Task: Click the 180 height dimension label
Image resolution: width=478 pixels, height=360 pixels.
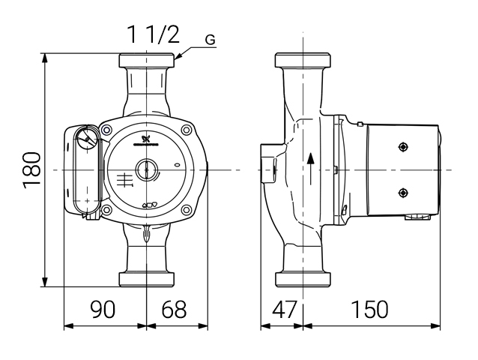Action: point(31,169)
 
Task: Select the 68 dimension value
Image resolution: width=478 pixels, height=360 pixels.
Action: point(174,309)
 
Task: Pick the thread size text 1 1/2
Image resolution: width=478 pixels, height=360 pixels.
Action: point(152,35)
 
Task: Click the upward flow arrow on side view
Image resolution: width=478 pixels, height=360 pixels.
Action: point(310,169)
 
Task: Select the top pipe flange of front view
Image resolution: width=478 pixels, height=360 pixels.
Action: point(147,61)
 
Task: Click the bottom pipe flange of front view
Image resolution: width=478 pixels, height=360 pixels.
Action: point(147,279)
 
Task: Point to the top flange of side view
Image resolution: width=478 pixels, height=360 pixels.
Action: point(303,61)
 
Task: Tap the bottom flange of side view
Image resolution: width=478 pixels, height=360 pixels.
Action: point(303,279)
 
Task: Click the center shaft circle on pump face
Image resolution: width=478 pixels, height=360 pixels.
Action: point(147,170)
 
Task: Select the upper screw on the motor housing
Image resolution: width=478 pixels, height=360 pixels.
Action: point(403,148)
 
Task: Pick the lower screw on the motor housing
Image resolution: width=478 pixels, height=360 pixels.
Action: point(403,191)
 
